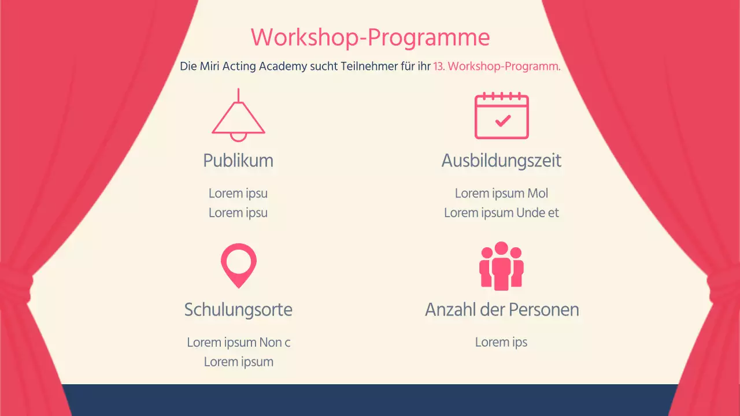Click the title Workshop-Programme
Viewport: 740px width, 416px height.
tap(370, 38)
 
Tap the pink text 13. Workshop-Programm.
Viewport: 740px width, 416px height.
tap(497, 66)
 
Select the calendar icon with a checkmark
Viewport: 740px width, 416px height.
tap(501, 116)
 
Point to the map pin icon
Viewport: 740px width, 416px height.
tap(238, 265)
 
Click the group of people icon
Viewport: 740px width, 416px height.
tap(501, 266)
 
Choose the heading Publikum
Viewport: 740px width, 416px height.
tap(238, 160)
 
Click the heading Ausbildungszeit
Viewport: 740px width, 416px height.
tap(501, 160)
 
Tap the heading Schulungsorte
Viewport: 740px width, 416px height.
tap(238, 310)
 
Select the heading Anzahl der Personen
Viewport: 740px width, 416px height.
tap(501, 310)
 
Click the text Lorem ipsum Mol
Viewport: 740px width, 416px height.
tap(501, 193)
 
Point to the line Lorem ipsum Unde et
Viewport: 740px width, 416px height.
tap(501, 213)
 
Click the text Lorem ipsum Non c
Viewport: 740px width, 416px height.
tap(238, 343)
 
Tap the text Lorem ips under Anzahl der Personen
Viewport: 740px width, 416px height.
tap(501, 342)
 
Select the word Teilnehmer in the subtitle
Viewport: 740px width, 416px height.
tap(360, 66)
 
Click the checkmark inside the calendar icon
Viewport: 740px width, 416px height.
tap(503, 120)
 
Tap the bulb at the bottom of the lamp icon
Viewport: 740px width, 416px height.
tap(238, 136)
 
